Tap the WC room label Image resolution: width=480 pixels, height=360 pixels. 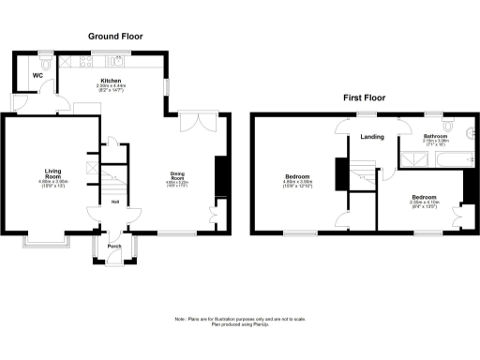point(37,75)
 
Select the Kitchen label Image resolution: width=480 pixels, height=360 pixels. point(112,82)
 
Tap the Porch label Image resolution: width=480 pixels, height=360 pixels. point(114,247)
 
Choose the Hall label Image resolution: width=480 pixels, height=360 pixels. point(114,201)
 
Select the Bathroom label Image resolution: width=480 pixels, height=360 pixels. point(434,136)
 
